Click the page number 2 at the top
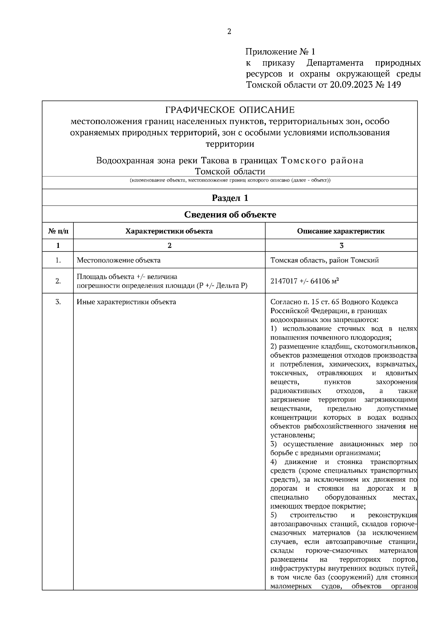[x=229, y=31]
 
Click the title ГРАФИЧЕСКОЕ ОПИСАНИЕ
[x=230, y=110]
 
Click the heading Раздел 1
[x=230, y=198]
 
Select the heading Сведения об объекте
[x=230, y=215]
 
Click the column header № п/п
[x=58, y=231]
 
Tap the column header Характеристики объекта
[x=169, y=231]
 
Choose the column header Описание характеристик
[x=341, y=231]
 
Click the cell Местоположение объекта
[x=118, y=260]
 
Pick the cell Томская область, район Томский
[x=324, y=260]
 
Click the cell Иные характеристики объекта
[x=126, y=302]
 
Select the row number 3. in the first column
[x=58, y=302]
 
